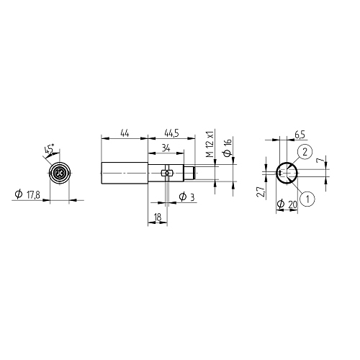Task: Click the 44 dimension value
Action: [x=125, y=133]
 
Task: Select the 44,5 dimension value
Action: [x=171, y=133]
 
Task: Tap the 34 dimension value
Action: [x=166, y=148]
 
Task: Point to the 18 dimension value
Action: [x=158, y=217]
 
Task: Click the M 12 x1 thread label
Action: [x=210, y=144]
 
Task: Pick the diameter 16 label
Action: [x=228, y=147]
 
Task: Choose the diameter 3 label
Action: [x=186, y=197]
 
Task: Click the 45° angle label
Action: [x=49, y=149]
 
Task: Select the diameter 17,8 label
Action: [x=27, y=194]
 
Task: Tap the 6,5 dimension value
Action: [x=300, y=135]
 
